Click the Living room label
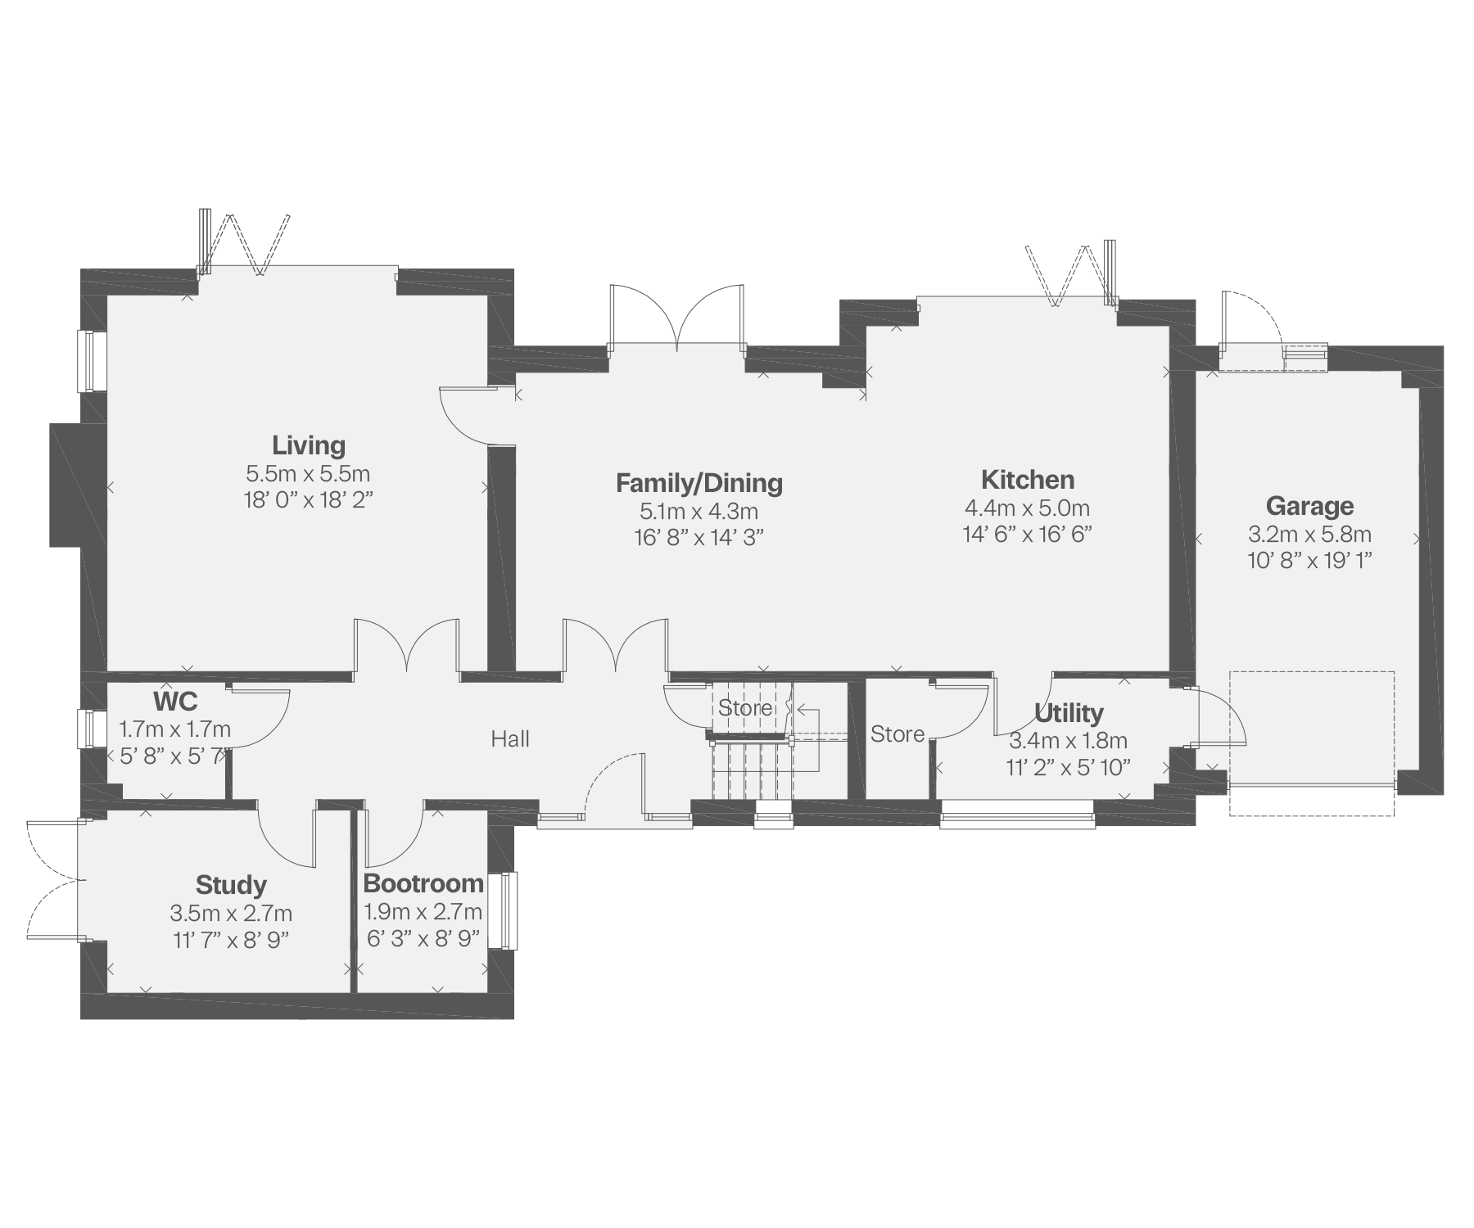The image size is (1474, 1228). (309, 446)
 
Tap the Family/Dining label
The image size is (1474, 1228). (699, 483)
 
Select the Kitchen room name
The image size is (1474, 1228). (1028, 480)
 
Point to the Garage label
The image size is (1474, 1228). (1309, 507)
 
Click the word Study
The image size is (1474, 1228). (231, 885)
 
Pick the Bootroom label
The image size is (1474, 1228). (423, 884)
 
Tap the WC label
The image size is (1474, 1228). (175, 702)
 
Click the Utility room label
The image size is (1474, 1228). (1069, 714)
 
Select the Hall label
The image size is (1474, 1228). (510, 739)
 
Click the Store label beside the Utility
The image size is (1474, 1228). (898, 734)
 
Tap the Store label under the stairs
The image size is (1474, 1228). (745, 707)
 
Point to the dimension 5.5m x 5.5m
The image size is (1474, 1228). (308, 473)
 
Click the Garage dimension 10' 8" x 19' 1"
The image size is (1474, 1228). (1309, 561)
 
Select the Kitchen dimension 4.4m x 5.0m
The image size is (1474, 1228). (1028, 508)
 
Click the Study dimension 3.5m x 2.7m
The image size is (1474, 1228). (231, 913)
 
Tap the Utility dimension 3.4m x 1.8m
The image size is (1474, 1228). (1069, 741)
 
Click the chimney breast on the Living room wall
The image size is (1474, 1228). (66, 484)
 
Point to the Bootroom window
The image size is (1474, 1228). (509, 910)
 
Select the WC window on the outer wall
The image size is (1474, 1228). (86, 729)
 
